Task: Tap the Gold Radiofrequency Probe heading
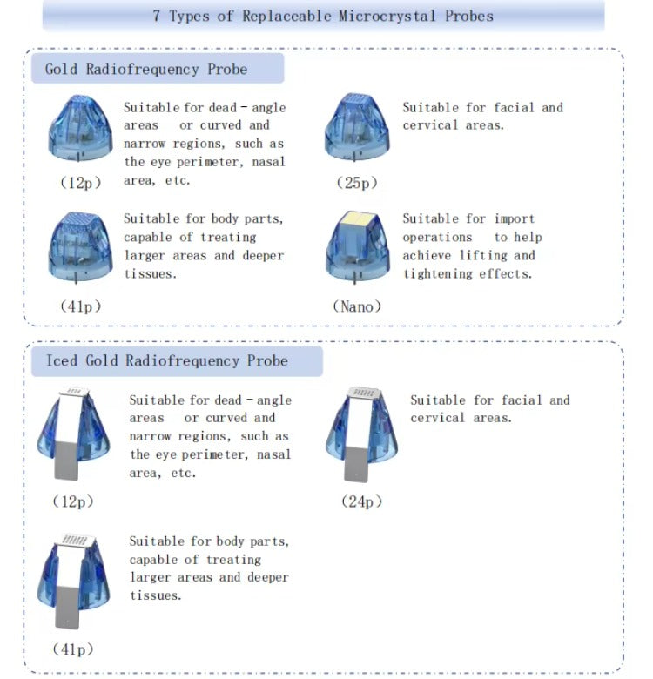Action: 145,69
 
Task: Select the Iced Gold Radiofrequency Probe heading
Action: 166,360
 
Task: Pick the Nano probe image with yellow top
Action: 357,248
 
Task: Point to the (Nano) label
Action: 357,306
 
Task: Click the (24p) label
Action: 360,501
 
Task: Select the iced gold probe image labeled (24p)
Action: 360,433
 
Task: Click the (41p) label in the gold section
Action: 80,306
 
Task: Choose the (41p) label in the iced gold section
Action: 72,649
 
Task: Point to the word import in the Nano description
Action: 515,218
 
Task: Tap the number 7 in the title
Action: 157,16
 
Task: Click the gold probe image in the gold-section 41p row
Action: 79,247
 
